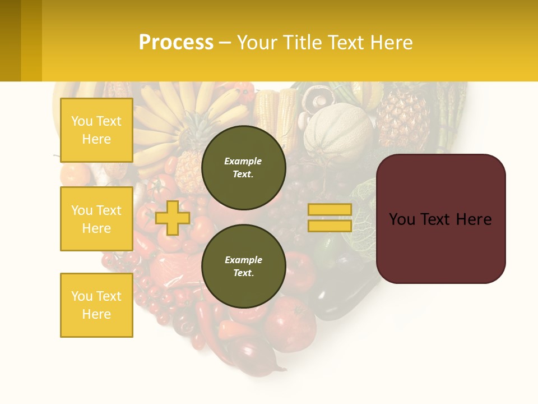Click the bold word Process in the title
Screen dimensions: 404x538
pos(176,43)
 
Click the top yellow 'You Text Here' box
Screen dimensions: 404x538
pos(96,130)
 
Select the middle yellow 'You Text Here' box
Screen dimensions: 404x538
pos(96,219)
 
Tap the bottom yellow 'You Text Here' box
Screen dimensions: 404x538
pos(96,305)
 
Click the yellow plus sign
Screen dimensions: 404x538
pos(172,218)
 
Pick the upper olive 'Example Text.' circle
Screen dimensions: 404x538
pos(243,168)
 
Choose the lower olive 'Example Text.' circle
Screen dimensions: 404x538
pos(243,267)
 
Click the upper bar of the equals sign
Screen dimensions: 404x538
pos(330,209)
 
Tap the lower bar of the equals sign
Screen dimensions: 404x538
pos(330,226)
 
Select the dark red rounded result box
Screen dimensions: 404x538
pos(440,219)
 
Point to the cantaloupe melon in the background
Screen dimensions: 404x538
pos(338,132)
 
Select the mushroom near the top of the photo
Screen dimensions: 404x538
pos(318,98)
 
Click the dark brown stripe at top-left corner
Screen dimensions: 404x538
pos(10,40)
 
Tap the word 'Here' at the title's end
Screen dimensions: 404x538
pos(391,43)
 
